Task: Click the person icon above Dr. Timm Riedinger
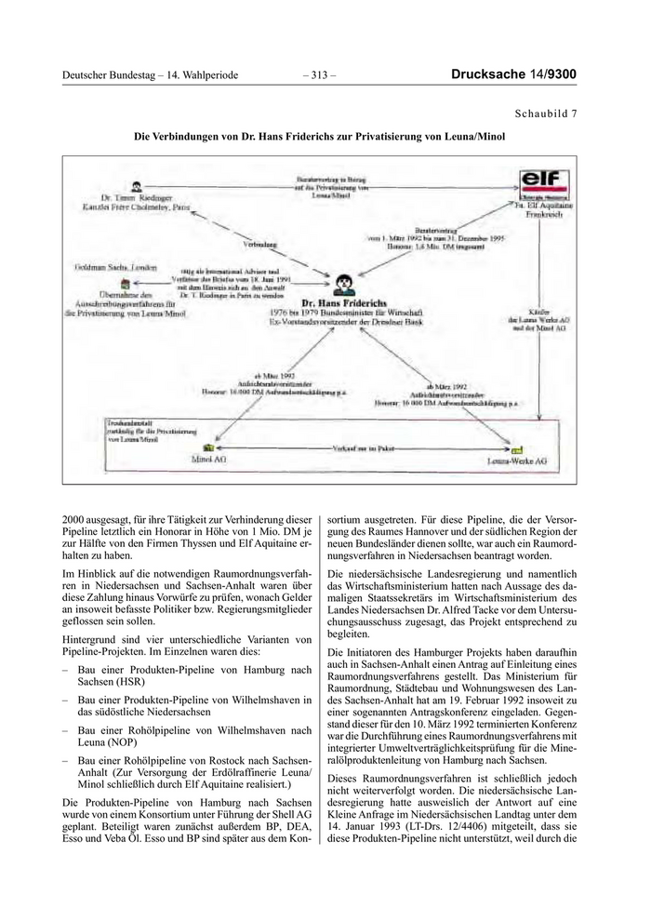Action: click(x=137, y=185)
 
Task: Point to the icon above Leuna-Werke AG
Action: click(x=518, y=447)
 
